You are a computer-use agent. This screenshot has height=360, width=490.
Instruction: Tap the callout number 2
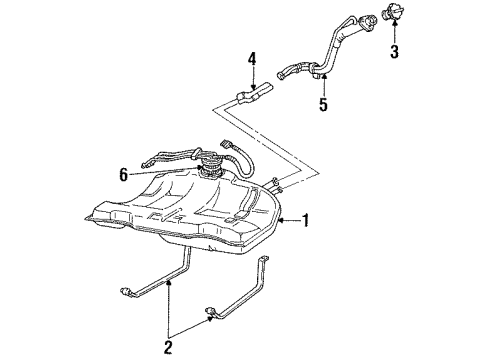(168, 350)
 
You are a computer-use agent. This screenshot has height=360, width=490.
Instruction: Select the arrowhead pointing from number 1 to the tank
(282, 219)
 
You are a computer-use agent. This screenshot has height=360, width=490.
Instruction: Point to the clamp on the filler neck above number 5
(315, 68)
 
